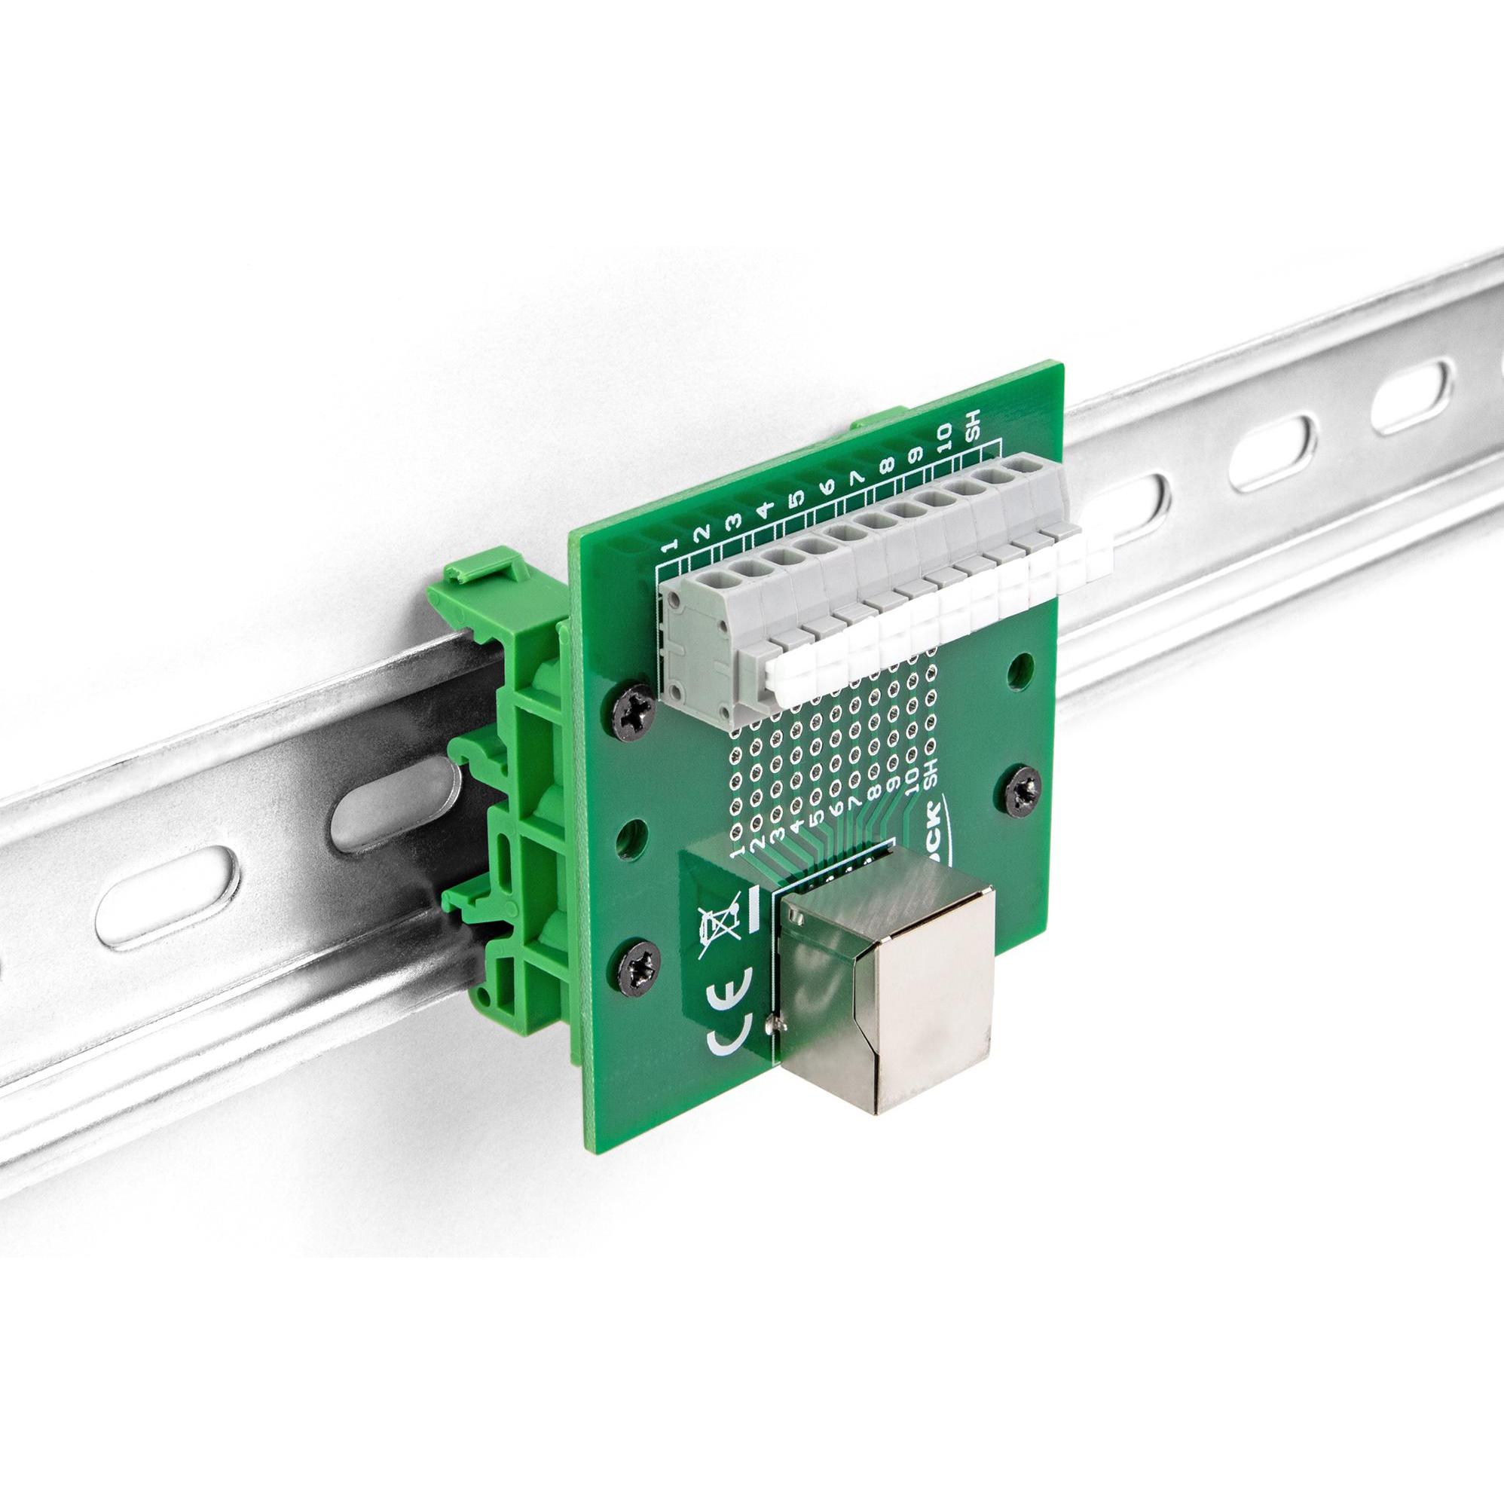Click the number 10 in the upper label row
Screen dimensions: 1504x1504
[x=945, y=437]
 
